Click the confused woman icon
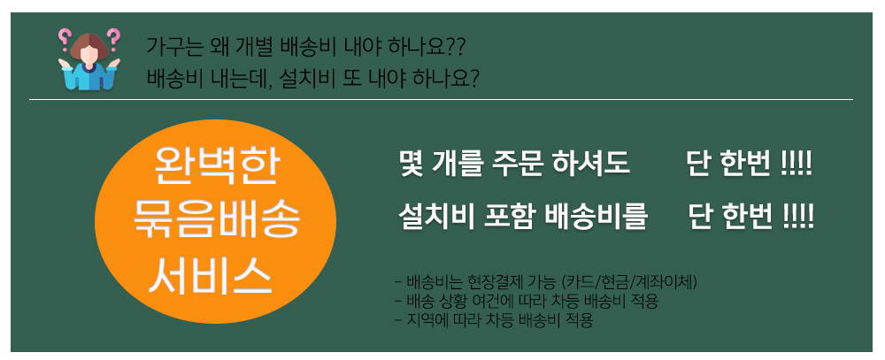click(x=89, y=59)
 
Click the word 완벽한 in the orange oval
click(x=216, y=167)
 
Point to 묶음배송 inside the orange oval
click(x=216, y=220)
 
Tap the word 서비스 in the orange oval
click(x=212, y=274)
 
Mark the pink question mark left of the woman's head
click(x=64, y=38)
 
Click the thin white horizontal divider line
click(x=441, y=99)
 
